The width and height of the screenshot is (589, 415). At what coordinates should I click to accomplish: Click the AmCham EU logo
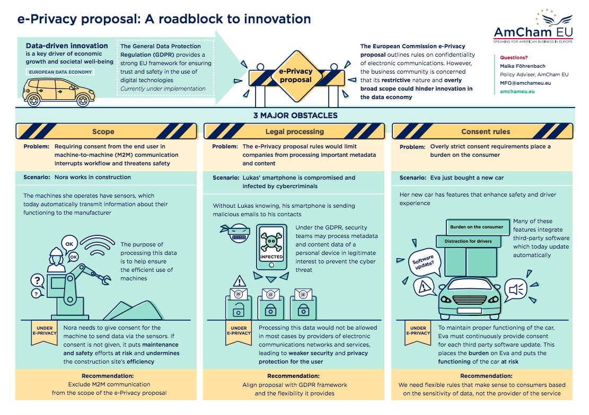(x=533, y=27)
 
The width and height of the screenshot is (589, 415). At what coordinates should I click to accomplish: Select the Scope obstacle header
(x=107, y=131)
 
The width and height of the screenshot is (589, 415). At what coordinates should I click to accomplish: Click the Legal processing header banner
(x=294, y=131)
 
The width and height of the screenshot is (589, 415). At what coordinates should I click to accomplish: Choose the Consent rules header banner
(x=482, y=131)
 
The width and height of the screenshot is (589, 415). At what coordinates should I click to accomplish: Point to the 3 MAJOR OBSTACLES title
(x=295, y=116)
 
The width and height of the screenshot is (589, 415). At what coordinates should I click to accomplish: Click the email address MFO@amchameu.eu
(x=525, y=83)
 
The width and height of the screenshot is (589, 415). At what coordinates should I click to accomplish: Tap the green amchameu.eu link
(x=517, y=91)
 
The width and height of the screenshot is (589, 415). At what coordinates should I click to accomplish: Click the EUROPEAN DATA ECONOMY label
(x=60, y=72)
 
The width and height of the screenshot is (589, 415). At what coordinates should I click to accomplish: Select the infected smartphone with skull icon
(x=271, y=247)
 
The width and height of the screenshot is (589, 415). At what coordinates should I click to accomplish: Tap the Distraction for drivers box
(x=469, y=241)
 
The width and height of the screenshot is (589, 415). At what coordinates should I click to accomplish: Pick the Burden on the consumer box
(x=477, y=227)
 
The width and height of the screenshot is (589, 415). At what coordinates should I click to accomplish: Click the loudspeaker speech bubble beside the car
(x=516, y=289)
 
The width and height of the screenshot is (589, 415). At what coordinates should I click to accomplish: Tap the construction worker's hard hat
(x=56, y=251)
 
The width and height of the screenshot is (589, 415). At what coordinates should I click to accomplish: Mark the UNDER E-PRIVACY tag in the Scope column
(x=45, y=333)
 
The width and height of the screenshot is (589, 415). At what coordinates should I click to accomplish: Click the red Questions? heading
(x=514, y=57)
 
